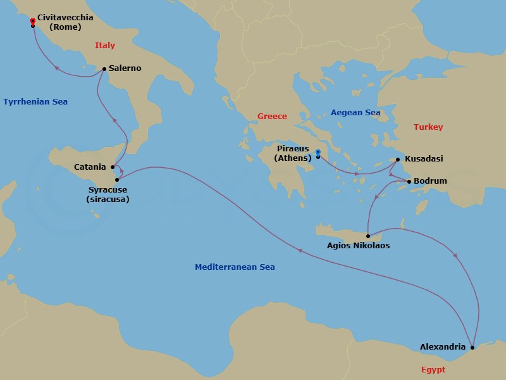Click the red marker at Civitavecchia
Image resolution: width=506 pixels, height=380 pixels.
pyautogui.click(x=32, y=21)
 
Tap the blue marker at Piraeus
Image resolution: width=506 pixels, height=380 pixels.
pyautogui.click(x=318, y=151)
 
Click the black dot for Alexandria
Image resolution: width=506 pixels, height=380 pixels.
pyautogui.click(x=472, y=347)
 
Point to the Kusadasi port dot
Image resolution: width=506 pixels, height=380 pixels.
pyautogui.click(x=398, y=160)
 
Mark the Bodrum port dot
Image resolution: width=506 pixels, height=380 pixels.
pyautogui.click(x=409, y=182)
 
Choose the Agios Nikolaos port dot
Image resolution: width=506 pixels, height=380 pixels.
pyautogui.click(x=367, y=236)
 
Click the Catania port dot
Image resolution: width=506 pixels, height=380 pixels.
pyautogui.click(x=113, y=167)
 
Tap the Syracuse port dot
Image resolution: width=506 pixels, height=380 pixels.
pyautogui.click(x=117, y=180)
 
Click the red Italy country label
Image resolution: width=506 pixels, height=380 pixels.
pyautogui.click(x=105, y=46)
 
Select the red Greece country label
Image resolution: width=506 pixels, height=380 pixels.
pyautogui.click(x=272, y=117)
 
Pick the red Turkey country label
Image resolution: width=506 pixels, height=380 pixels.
pyautogui.click(x=428, y=127)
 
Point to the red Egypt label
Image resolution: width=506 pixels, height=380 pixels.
pyautogui.click(x=433, y=370)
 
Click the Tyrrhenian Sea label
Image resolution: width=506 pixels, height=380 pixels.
pyautogui.click(x=35, y=102)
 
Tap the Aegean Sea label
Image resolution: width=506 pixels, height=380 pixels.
pyautogui.click(x=355, y=113)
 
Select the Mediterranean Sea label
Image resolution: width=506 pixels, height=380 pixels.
pyautogui.click(x=235, y=268)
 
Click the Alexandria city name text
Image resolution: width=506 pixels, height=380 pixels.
pyautogui.click(x=443, y=347)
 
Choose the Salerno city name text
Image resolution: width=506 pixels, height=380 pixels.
pyautogui.click(x=125, y=68)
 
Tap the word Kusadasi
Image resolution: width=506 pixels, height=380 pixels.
pyautogui.click(x=423, y=160)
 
